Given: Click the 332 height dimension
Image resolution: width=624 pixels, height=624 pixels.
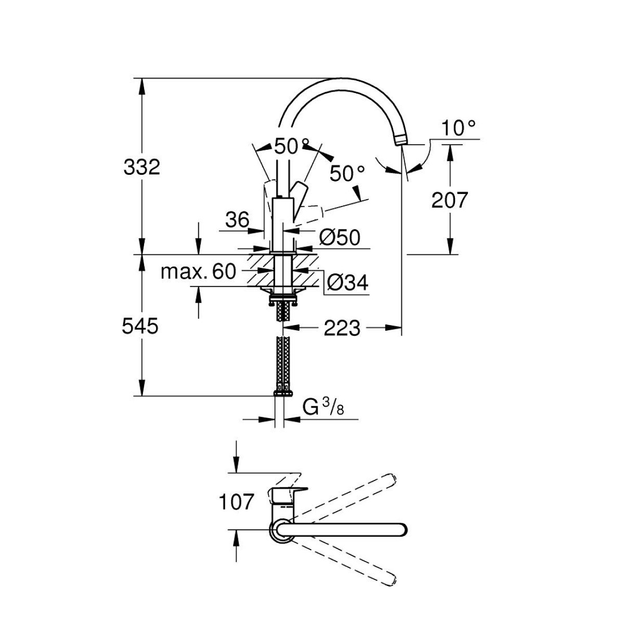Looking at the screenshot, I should pos(142,167).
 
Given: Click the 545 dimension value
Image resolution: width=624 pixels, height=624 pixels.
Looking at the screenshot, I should pos(139,326).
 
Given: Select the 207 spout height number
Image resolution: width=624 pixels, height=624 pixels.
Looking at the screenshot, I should pos(450,200).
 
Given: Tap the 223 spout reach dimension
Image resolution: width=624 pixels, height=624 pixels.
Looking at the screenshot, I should pos(341,328).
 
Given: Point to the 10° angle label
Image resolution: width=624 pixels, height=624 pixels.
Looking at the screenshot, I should pos(458,127).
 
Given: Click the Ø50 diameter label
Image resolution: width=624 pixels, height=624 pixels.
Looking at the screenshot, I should pos(339,238).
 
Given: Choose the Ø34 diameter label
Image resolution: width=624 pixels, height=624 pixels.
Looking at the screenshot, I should pos(348,283).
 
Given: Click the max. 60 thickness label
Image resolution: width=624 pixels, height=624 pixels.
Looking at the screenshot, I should pos(199,271).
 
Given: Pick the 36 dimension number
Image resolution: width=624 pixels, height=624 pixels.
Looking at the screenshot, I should pos(238,220).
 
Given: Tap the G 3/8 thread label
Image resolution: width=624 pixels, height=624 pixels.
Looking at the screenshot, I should pos(323,409).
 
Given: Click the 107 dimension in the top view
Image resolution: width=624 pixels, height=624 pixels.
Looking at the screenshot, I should pos(237,502).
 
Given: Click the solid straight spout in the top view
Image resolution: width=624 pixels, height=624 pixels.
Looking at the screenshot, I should pos(343,529).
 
